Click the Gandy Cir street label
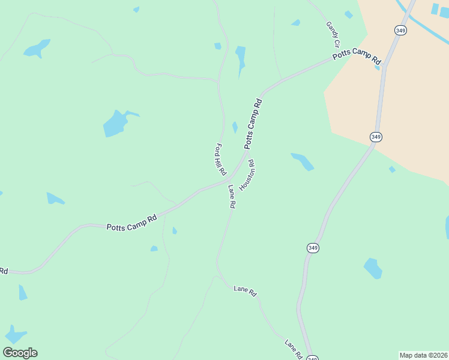click(x=333, y=34)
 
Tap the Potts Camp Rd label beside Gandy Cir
click(x=357, y=58)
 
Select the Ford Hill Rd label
click(x=220, y=160)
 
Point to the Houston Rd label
click(x=247, y=175)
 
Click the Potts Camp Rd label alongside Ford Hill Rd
click(x=253, y=124)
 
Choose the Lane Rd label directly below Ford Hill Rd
click(x=231, y=196)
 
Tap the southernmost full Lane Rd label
click(x=293, y=350)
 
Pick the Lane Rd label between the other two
click(x=245, y=291)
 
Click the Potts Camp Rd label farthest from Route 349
click(x=131, y=223)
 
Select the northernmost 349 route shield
click(x=400, y=29)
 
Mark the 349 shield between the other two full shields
click(x=376, y=137)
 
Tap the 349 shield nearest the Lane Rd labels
click(x=313, y=247)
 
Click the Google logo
click(x=20, y=353)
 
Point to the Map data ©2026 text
click(x=423, y=355)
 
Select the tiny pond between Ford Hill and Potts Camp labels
click(x=235, y=127)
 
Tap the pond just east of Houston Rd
click(x=303, y=161)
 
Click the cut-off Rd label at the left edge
click(x=3, y=271)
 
